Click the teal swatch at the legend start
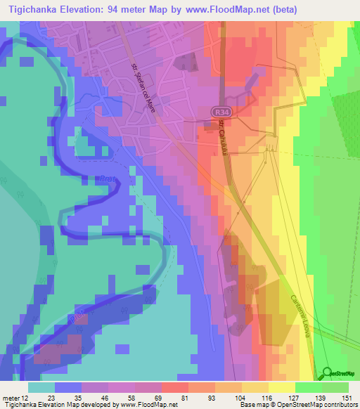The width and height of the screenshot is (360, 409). [41, 387]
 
